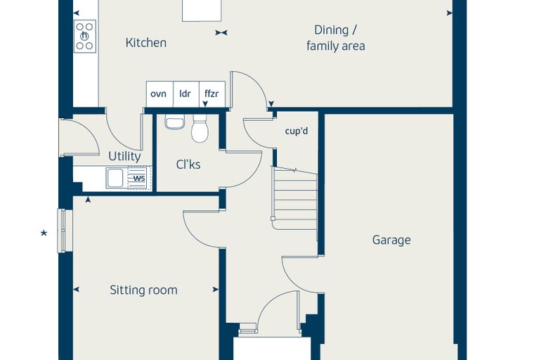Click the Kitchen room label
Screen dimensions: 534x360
(145, 43)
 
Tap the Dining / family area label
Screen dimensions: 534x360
(336, 38)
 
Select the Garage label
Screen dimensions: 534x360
(391, 240)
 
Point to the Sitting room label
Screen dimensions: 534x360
(143, 290)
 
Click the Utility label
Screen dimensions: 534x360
(124, 157)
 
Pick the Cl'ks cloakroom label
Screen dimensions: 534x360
(188, 165)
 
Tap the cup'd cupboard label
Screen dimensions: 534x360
(297, 131)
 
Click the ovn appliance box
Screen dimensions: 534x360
(159, 94)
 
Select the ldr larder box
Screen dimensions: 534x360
(186, 94)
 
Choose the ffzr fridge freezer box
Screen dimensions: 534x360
(211, 94)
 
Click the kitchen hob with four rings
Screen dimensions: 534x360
(85, 36)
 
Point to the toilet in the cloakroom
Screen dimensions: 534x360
(200, 129)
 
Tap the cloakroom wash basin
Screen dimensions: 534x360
(175, 122)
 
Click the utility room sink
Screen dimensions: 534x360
(115, 178)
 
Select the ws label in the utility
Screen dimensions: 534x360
(139, 178)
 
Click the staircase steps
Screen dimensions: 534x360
(295, 198)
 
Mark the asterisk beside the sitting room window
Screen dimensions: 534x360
(44, 233)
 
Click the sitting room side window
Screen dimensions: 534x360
(62, 231)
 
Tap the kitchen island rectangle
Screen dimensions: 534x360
(202, 11)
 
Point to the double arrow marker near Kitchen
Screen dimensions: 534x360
(221, 33)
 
